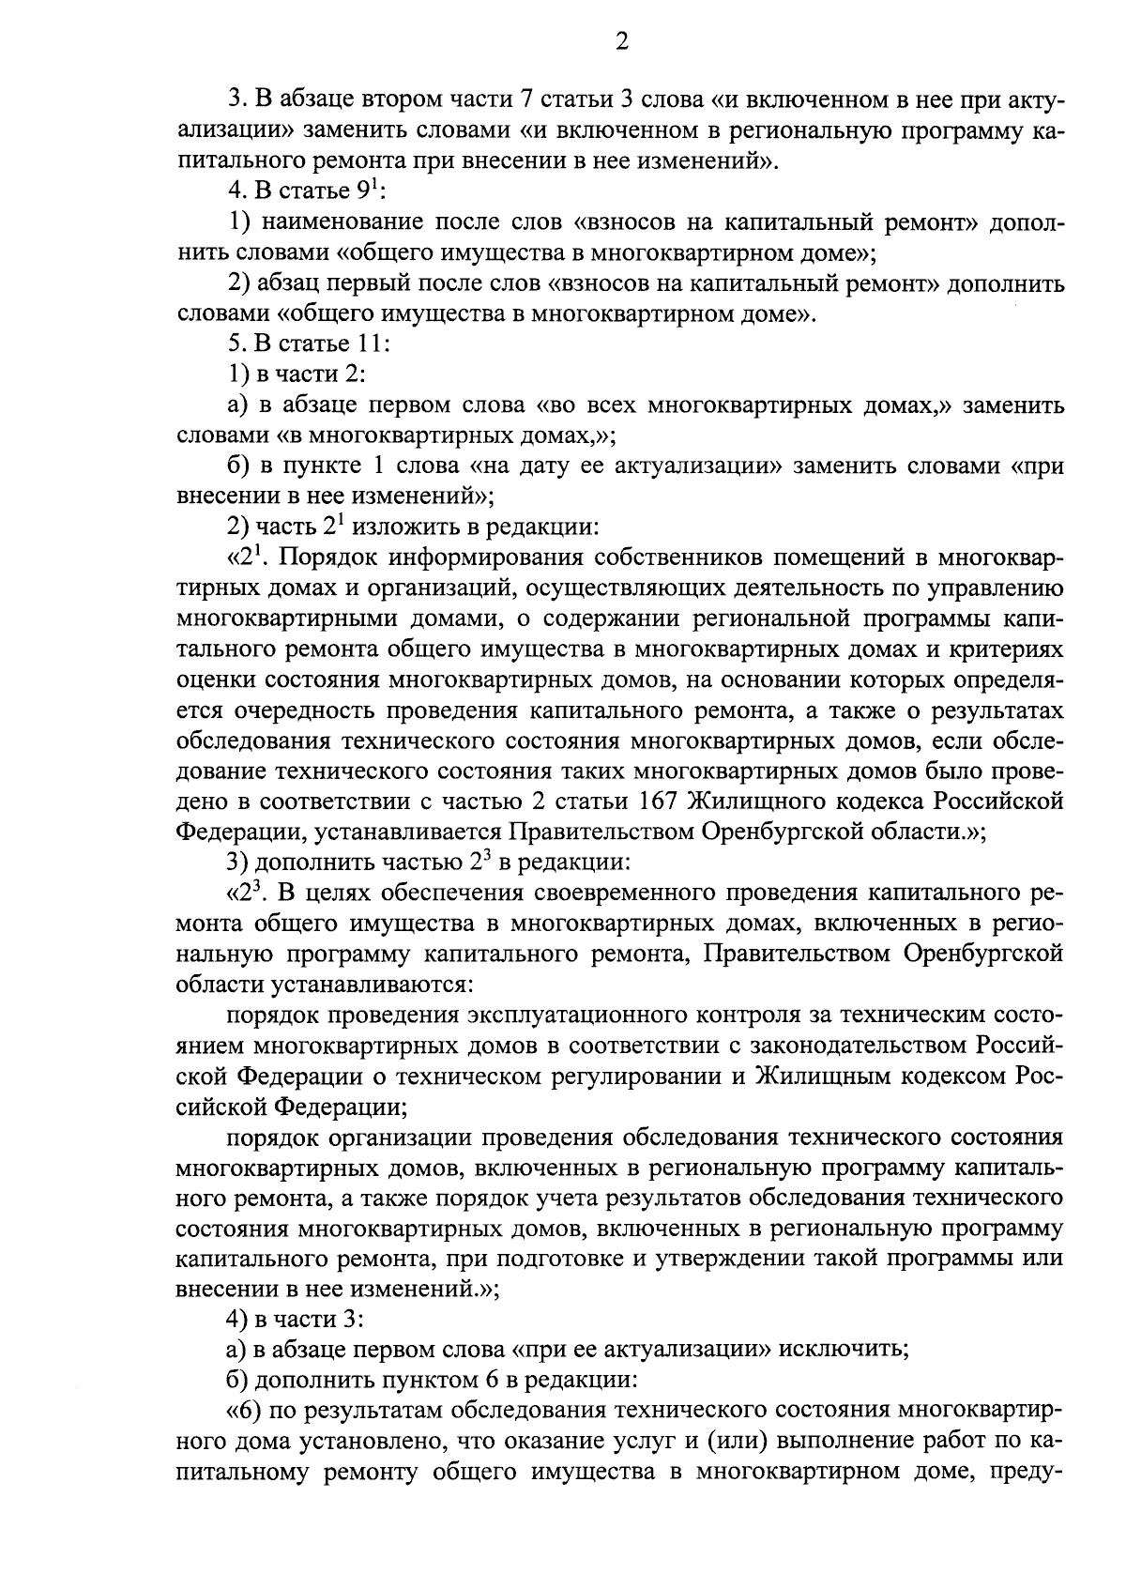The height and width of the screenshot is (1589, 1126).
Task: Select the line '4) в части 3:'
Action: pos(296,1319)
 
